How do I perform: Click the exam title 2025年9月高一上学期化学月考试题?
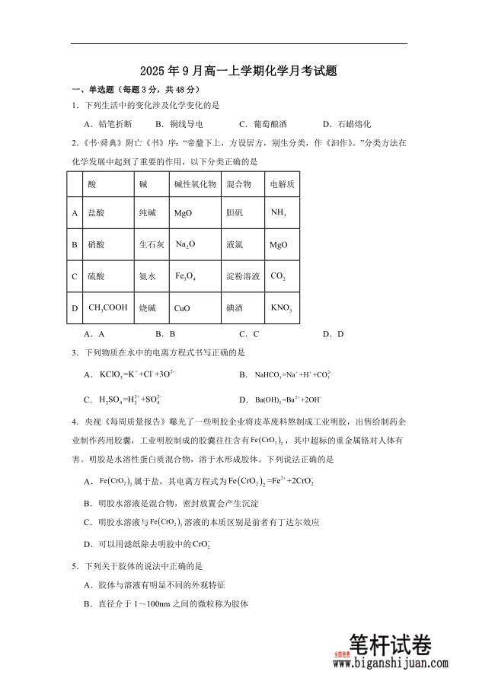(239, 71)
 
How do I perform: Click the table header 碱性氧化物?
(195, 184)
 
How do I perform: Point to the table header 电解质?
(282, 184)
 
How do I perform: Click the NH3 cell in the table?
(279, 213)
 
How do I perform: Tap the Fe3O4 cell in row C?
(185, 276)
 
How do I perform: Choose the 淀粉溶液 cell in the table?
(243, 276)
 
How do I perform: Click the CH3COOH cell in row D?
(108, 308)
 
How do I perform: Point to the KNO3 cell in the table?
(281, 308)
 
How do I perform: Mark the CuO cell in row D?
(182, 308)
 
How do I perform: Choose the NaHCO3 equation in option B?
(291, 374)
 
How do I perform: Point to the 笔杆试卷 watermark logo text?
(389, 645)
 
